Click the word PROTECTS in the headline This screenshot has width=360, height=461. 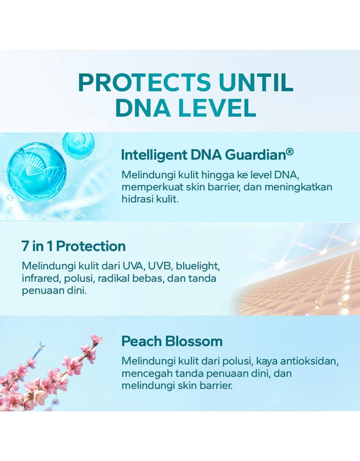144,82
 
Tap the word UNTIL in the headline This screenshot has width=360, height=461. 256,82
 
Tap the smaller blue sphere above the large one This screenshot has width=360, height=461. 77,144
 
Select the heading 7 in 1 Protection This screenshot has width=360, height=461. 73,246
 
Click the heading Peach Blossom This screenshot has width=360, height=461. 172,341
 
